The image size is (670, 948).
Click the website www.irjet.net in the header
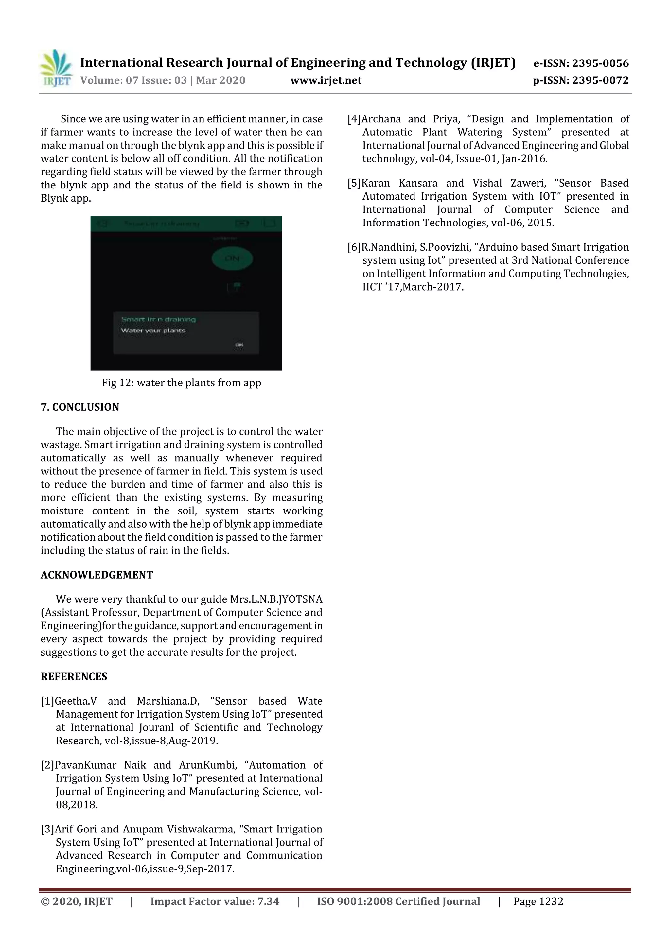[326, 80]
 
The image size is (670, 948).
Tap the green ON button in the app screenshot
[232, 259]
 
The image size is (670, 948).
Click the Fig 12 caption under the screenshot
[181, 383]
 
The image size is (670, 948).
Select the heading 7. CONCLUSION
[80, 407]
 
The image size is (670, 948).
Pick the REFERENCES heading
[74, 676]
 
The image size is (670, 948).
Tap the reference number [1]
[47, 701]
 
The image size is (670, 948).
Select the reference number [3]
[47, 829]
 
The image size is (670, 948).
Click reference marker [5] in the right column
[354, 183]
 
